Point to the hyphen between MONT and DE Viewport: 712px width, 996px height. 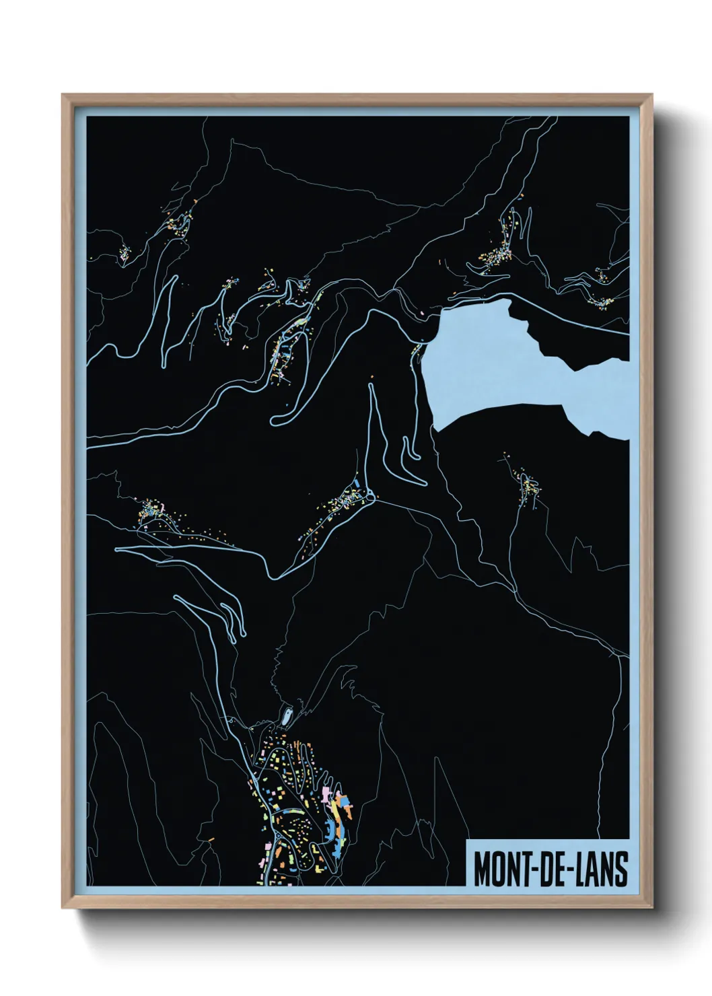pyautogui.click(x=532, y=869)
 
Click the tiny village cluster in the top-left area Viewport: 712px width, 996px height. pyautogui.click(x=124, y=254)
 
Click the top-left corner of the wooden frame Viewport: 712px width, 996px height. pyautogui.click(x=63, y=96)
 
